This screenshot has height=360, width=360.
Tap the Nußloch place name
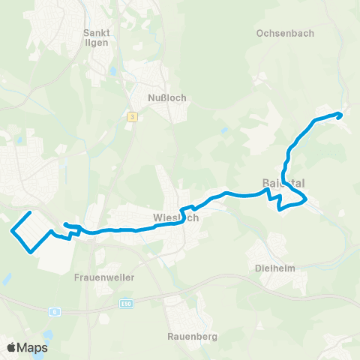tap(167, 97)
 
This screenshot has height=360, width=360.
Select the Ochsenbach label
tap(284, 34)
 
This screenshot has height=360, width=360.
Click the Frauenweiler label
tap(104, 277)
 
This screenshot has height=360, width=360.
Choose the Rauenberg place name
tap(193, 337)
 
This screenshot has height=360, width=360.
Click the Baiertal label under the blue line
tap(283, 182)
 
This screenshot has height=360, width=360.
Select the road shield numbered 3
tap(132, 116)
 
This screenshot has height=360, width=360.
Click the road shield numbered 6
tap(55, 311)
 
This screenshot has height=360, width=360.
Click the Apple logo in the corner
tap(13, 347)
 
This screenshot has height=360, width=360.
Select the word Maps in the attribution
tap(33, 347)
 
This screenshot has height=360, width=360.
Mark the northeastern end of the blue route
tap(340, 114)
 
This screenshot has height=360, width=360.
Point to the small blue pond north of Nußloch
tap(112, 72)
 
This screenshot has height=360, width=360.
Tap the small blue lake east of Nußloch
tap(225, 132)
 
